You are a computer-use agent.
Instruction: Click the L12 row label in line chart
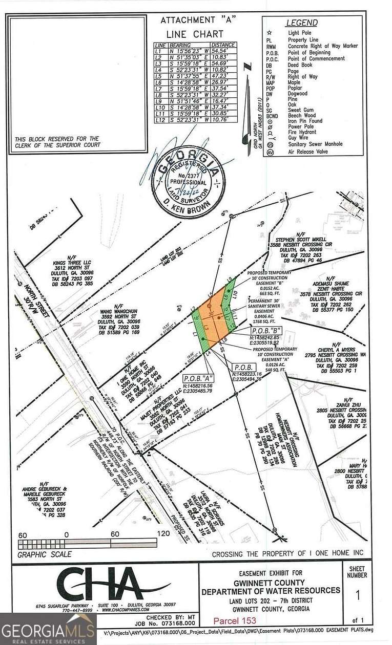tap(161, 119)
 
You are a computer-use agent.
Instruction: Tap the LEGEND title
tap(301, 23)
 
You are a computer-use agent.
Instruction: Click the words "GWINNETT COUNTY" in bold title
tap(271, 582)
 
